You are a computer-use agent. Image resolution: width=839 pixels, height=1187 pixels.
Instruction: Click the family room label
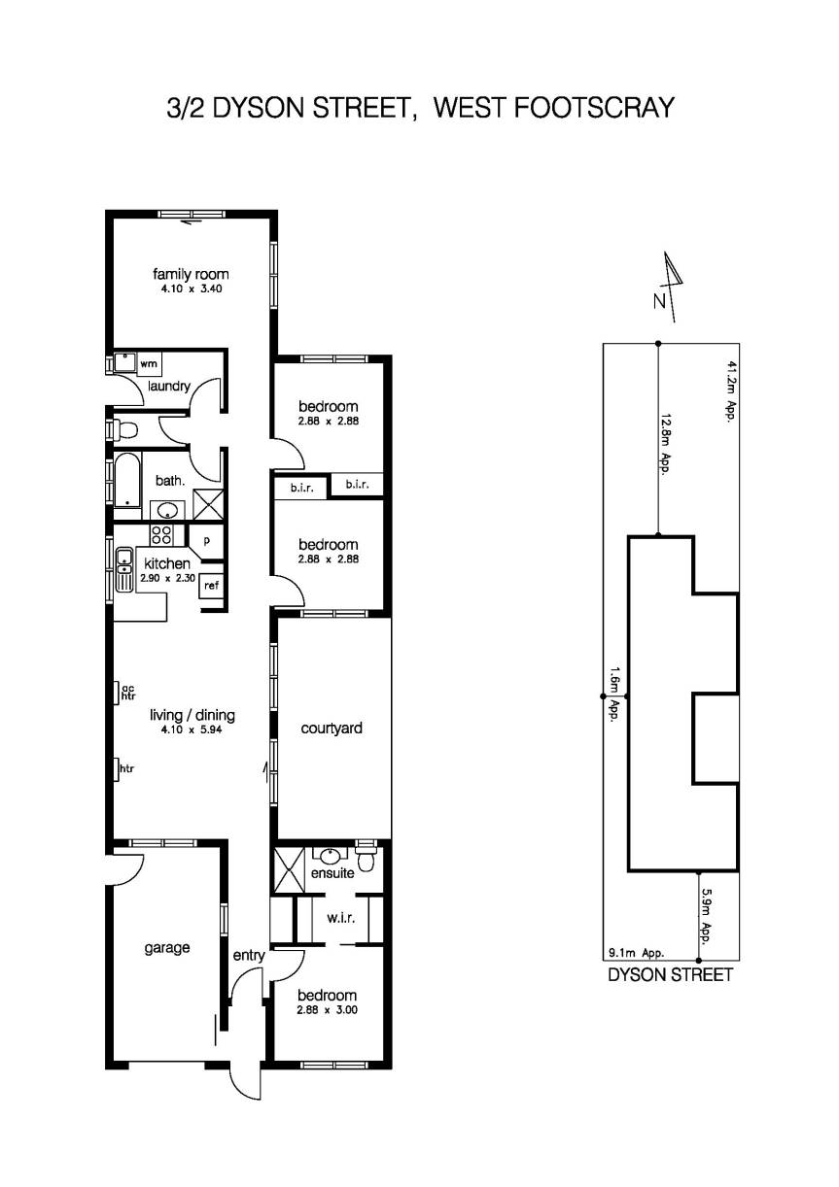coord(191,274)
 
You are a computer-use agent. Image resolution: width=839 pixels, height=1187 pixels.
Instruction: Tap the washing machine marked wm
coord(149,363)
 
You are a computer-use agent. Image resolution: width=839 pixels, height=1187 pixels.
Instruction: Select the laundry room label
coord(168,386)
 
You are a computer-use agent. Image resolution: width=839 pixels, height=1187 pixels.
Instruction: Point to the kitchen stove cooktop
coord(160,533)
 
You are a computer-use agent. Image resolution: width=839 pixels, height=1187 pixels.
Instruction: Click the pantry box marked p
coord(206,540)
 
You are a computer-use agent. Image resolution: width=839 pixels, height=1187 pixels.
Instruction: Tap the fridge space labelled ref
coord(211,585)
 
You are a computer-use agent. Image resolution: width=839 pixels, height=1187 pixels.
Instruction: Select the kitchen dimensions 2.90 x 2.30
coord(167,578)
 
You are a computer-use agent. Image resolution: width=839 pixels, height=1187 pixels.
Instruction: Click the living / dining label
coord(192,716)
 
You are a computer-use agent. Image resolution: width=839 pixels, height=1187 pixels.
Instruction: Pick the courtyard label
coord(332,728)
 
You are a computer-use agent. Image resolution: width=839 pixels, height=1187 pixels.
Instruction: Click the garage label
coord(167,948)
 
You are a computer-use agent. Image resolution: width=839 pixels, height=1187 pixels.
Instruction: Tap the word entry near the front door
coord(249,956)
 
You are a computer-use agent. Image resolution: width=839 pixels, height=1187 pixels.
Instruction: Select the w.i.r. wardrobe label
coord(339,917)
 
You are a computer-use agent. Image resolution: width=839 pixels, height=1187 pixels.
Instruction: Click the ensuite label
coord(332,873)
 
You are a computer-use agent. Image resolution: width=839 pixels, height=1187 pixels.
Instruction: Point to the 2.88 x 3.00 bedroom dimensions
coord(328,1009)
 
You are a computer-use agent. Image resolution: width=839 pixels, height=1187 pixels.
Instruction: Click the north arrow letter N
coord(659,301)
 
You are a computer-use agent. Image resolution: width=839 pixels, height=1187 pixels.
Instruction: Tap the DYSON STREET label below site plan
coord(670,975)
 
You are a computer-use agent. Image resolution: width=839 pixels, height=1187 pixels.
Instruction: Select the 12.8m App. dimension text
coord(667,443)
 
